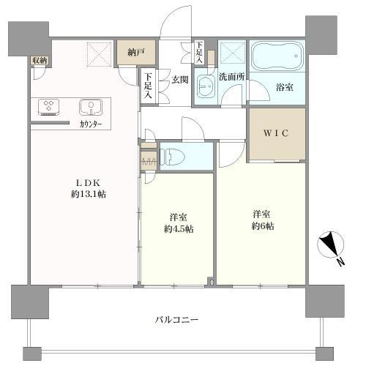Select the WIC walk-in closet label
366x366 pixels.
[x=276, y=135]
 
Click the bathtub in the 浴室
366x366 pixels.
[x=277, y=56]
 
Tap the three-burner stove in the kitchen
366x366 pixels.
[x=49, y=107]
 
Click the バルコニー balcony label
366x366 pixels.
[x=176, y=320]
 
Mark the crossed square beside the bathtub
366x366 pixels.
[x=234, y=53]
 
